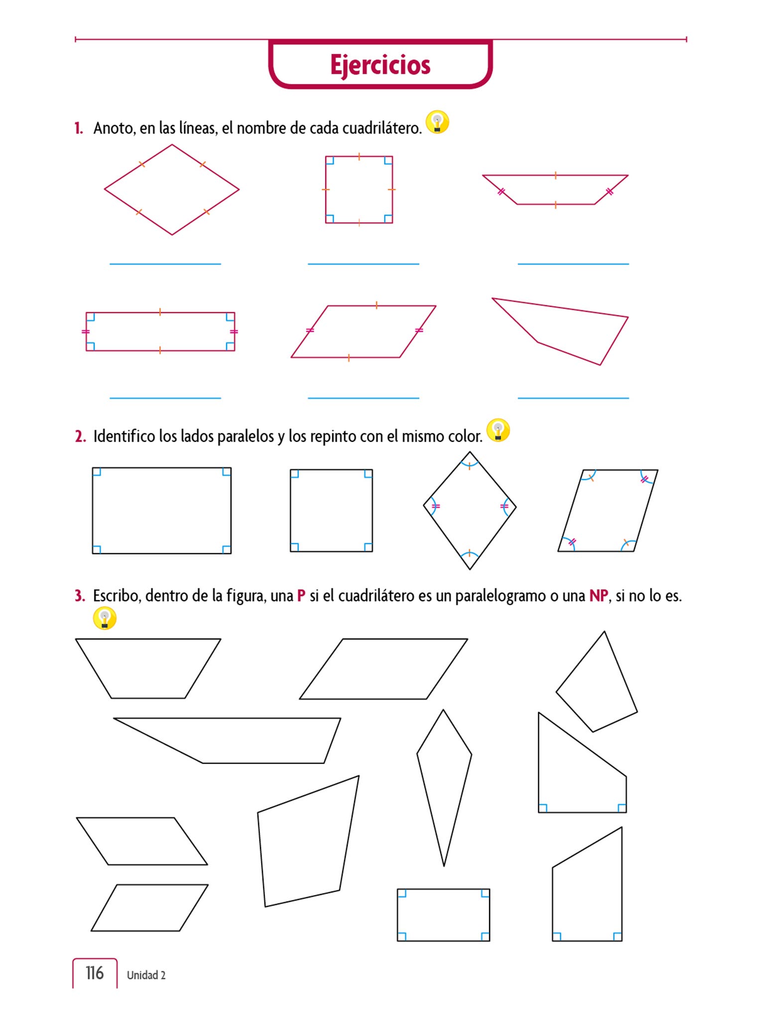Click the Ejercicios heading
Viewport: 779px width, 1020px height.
pos(380,65)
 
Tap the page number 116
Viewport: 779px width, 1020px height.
pos(95,973)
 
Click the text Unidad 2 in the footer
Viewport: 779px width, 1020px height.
pos(146,975)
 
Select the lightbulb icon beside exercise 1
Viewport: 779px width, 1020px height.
pos(437,122)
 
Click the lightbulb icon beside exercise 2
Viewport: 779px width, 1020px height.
pos(498,430)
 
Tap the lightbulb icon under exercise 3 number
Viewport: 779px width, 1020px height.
pos(105,618)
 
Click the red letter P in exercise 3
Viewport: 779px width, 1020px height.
pos(301,596)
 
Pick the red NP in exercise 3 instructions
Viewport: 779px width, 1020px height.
pos(599,596)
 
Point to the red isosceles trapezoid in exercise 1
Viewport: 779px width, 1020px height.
pos(555,175)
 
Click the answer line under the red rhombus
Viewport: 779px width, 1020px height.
pos(165,264)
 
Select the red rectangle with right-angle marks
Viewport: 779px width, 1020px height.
pos(160,313)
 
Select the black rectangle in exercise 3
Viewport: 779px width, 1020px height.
pos(443,889)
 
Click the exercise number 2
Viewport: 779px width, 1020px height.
pos(80,436)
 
